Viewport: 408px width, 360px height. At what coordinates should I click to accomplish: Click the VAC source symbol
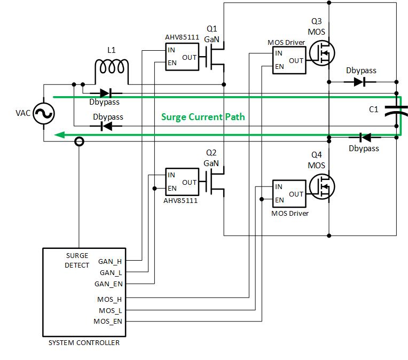[x=43, y=113]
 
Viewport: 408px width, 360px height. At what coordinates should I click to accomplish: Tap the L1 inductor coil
[x=112, y=69]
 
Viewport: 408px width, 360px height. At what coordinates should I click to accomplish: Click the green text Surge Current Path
[x=203, y=116]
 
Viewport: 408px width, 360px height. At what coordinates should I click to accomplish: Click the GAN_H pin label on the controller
[x=111, y=262]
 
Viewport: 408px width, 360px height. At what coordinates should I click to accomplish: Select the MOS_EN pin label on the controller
[x=108, y=321]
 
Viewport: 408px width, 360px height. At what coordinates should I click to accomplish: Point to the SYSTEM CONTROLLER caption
[x=84, y=343]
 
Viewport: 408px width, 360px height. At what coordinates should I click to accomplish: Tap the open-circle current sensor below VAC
[x=79, y=142]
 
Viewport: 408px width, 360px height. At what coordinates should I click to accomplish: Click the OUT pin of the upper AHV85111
[x=190, y=57]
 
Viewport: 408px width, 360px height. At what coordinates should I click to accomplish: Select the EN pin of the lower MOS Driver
[x=279, y=200]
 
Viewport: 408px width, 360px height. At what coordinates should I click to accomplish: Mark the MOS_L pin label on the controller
[x=110, y=310]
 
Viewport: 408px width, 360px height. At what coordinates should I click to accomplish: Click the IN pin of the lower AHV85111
[x=171, y=175]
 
